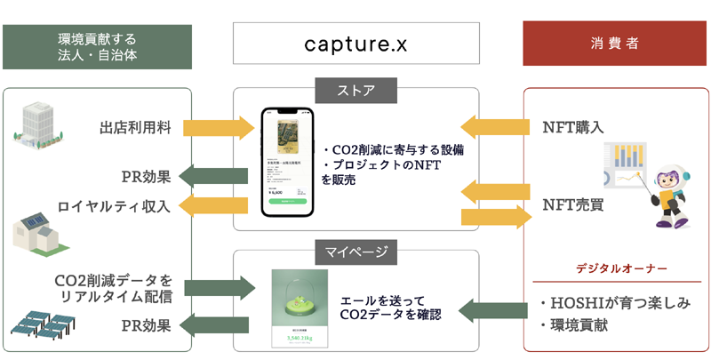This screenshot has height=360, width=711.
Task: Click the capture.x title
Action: point(355,42)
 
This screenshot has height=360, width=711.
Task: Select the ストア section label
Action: point(355,90)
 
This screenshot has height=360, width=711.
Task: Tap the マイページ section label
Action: point(355,252)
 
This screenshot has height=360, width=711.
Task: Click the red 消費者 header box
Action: point(616,43)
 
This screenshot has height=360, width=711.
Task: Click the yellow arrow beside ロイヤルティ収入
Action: point(217,206)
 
